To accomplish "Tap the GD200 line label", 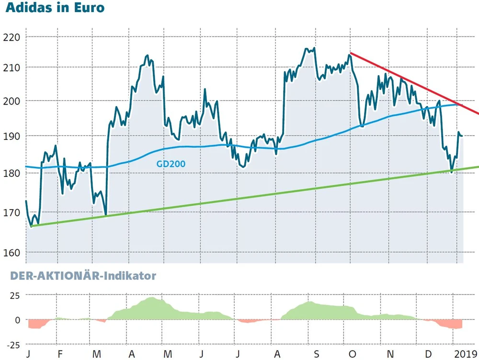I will click(x=171, y=164).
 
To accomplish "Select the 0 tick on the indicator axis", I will click(x=17, y=320).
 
